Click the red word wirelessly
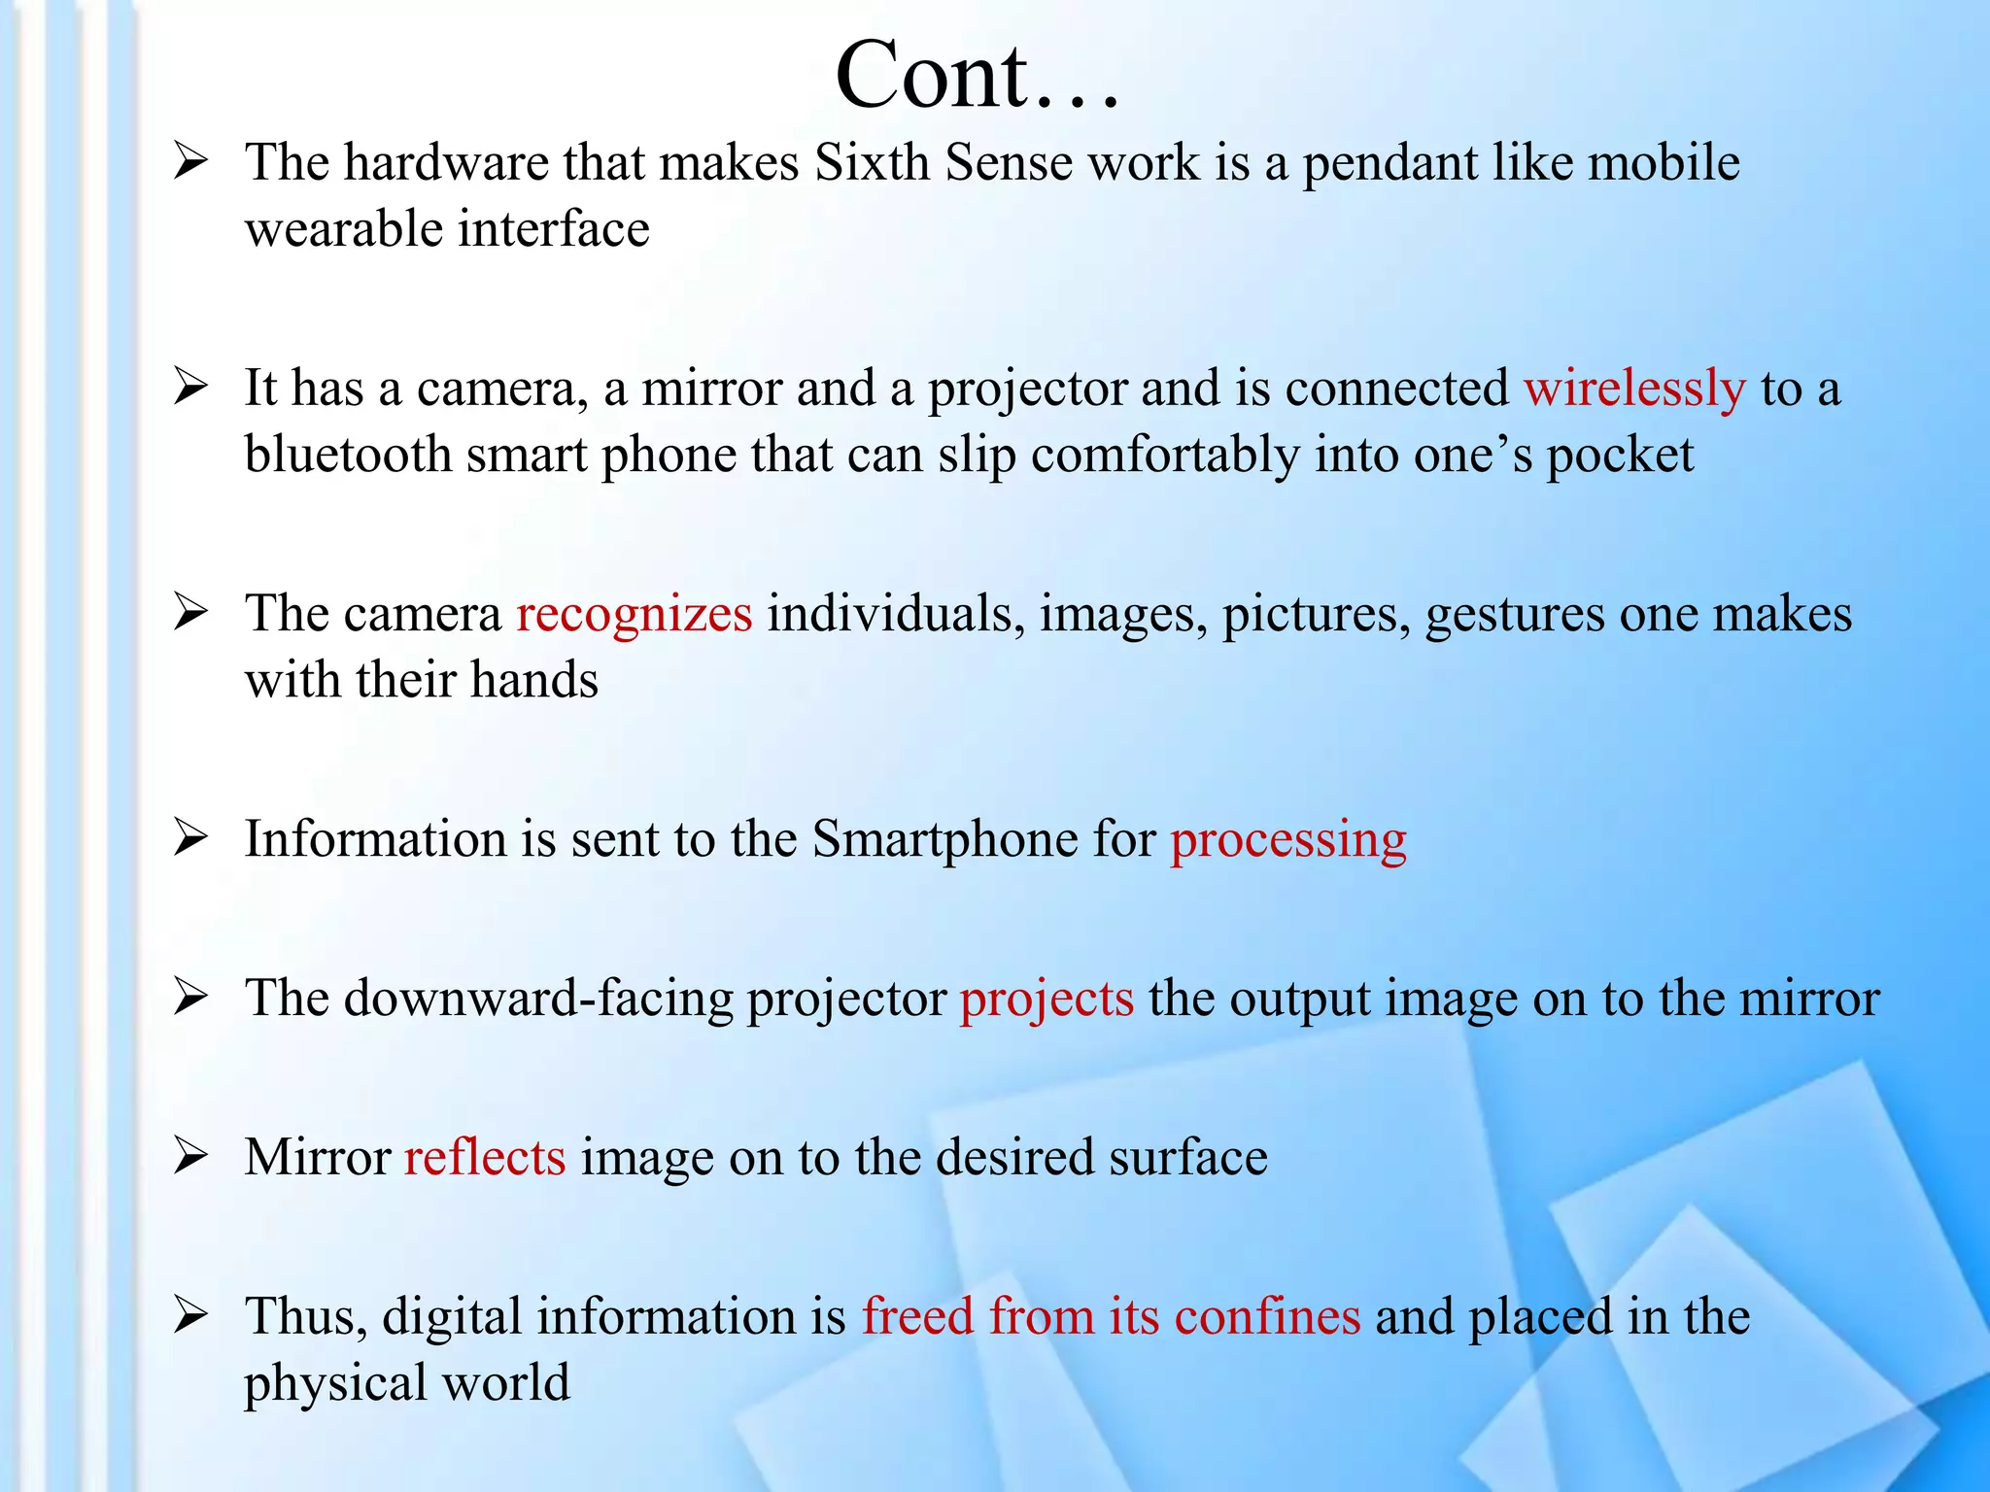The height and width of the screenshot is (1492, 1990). click(1634, 389)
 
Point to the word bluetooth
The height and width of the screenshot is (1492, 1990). click(348, 455)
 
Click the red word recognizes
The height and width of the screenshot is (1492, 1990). click(634, 615)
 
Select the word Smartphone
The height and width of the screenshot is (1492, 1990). click(944, 840)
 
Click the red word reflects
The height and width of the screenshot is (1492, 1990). click(485, 1158)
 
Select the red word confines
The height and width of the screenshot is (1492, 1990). click(1267, 1317)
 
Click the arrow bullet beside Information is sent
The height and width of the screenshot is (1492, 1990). click(190, 838)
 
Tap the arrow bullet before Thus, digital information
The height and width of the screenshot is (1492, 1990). click(190, 1316)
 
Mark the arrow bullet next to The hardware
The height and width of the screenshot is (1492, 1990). click(190, 161)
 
